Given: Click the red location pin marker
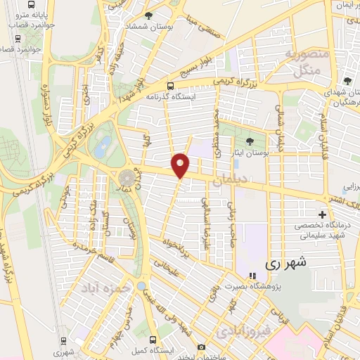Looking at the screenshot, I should (x=181, y=165).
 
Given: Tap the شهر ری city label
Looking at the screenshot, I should (x=286, y=264).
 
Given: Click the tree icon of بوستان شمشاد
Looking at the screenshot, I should (x=148, y=15).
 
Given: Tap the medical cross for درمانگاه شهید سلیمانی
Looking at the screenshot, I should (x=323, y=214).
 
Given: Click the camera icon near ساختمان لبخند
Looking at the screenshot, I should (x=202, y=347).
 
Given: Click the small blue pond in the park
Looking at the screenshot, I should (x=103, y=147).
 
